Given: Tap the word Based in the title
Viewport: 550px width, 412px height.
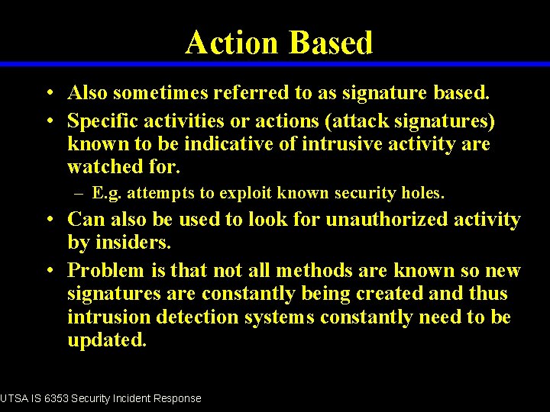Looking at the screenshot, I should (330, 42).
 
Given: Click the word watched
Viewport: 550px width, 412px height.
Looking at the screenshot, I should (102, 167).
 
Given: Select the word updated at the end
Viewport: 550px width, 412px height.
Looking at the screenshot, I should (106, 340).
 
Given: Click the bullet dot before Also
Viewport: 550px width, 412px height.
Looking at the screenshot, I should (48, 94).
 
